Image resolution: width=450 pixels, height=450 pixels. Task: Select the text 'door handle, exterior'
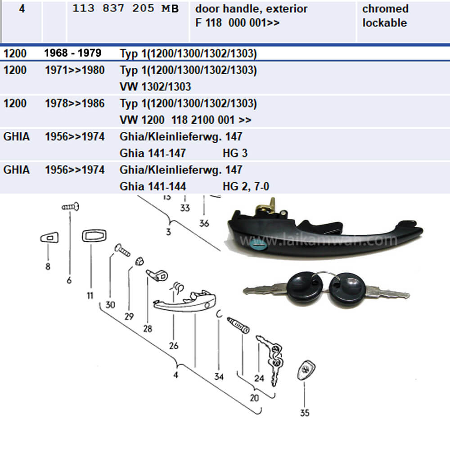tap(251, 9)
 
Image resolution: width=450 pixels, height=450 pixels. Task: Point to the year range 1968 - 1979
tap(72, 53)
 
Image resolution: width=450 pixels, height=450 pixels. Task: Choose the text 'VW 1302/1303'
tap(155, 86)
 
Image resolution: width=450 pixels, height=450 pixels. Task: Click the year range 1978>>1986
tap(75, 103)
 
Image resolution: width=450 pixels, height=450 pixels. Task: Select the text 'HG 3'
tap(235, 153)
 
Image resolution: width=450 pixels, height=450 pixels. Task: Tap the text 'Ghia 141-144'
tap(153, 186)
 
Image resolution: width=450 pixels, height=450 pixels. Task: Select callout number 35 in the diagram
tap(305, 413)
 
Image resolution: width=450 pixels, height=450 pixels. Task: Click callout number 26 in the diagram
tap(174, 346)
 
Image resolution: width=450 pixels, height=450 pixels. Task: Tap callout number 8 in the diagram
tap(48, 266)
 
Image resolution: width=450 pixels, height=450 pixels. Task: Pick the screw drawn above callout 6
tap(71, 207)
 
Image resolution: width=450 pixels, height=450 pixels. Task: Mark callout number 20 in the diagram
tap(255, 398)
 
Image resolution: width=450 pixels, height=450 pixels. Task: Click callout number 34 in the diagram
tap(219, 377)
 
